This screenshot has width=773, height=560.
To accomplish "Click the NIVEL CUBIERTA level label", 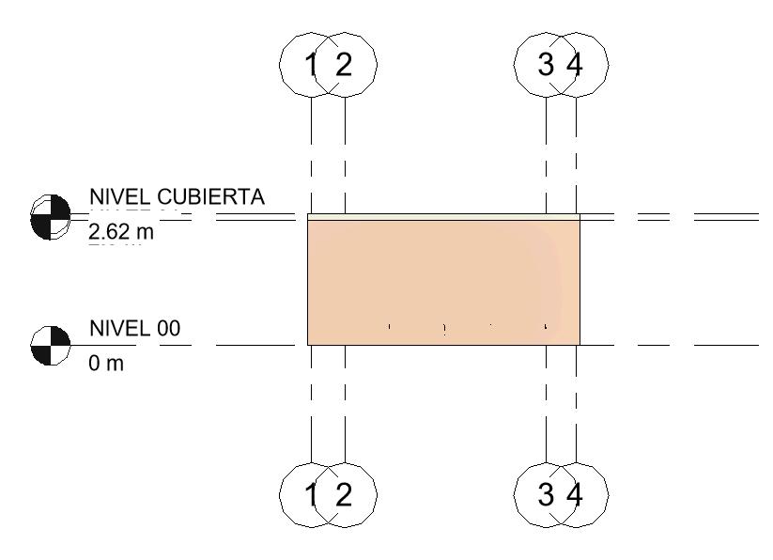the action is (x=178, y=197).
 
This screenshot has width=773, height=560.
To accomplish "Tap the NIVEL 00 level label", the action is (x=134, y=328).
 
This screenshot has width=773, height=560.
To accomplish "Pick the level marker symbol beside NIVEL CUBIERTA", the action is (x=51, y=217).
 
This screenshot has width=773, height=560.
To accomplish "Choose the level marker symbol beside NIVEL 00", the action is (x=51, y=345).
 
